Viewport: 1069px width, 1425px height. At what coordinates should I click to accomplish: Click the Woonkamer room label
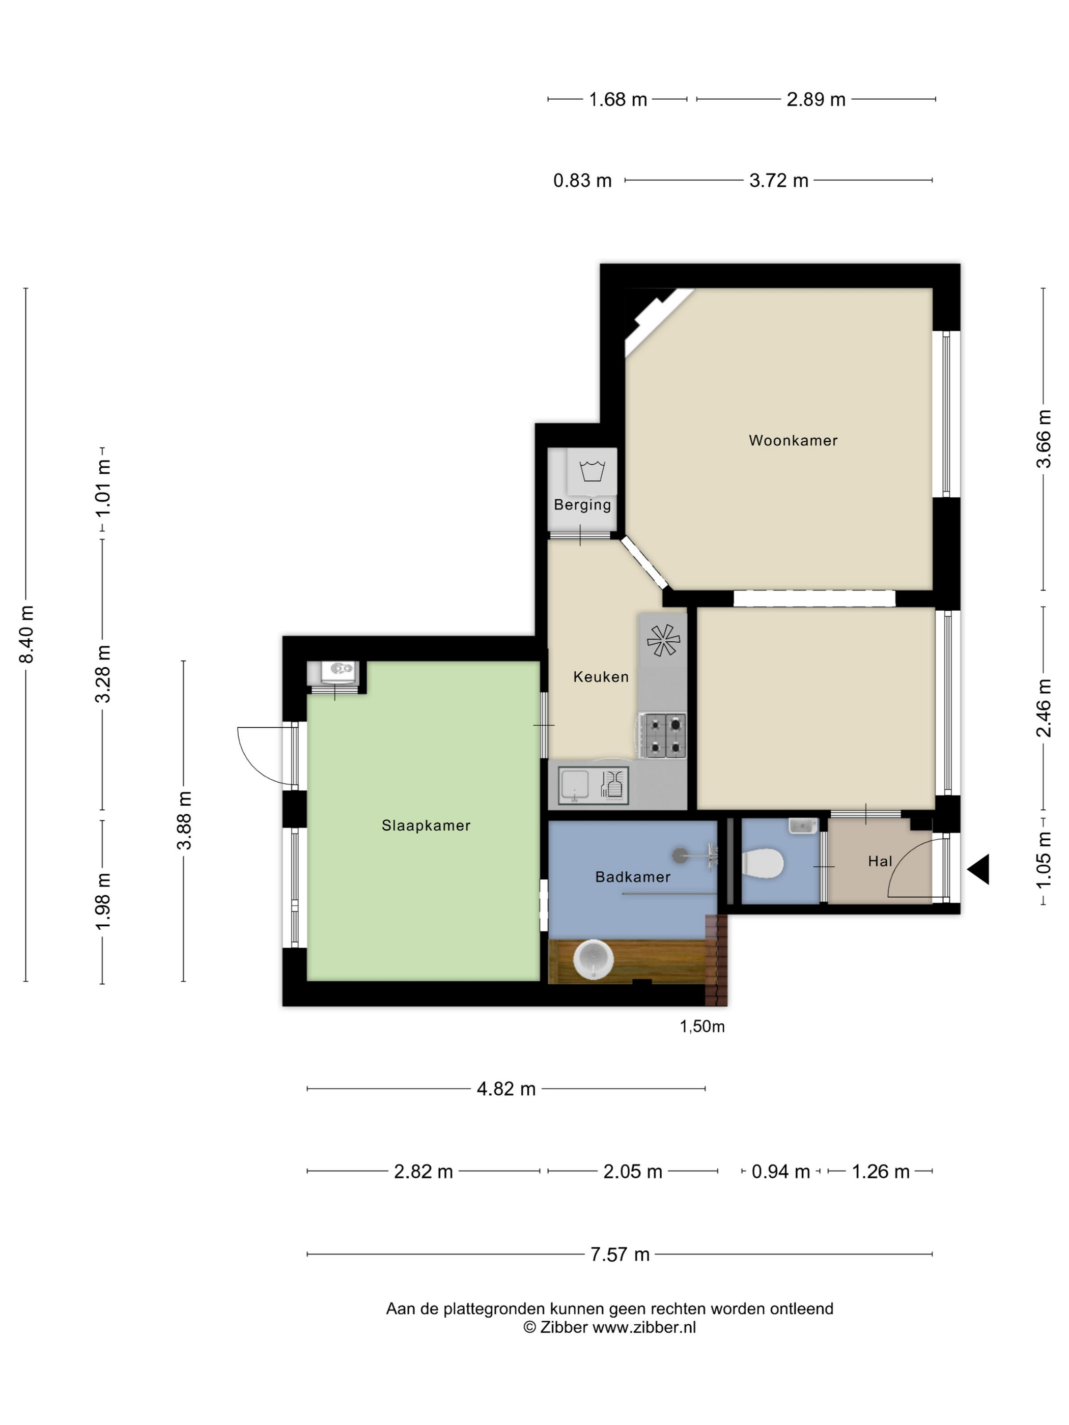(x=793, y=441)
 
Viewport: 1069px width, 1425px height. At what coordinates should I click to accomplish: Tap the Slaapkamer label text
(x=426, y=825)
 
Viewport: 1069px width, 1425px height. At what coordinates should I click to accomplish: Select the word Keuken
(x=601, y=676)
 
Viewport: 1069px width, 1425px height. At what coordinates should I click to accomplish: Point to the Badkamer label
(x=633, y=877)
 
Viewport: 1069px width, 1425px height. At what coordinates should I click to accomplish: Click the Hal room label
(x=880, y=861)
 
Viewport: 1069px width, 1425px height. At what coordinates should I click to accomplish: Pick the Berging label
(x=582, y=505)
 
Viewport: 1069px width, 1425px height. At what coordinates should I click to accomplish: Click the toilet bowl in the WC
(x=762, y=863)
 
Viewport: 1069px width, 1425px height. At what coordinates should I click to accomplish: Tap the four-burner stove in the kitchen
(x=662, y=735)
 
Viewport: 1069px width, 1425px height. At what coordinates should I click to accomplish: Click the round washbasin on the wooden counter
(x=592, y=959)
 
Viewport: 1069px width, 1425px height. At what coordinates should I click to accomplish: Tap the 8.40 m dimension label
(x=26, y=634)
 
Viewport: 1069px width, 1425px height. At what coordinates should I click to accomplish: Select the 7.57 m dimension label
(x=620, y=1255)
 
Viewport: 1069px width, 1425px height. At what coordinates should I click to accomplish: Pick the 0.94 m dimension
(x=780, y=1171)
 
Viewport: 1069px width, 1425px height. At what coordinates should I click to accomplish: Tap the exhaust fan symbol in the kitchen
(x=663, y=640)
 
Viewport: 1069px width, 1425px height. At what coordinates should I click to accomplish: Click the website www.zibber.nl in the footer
(x=644, y=1327)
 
